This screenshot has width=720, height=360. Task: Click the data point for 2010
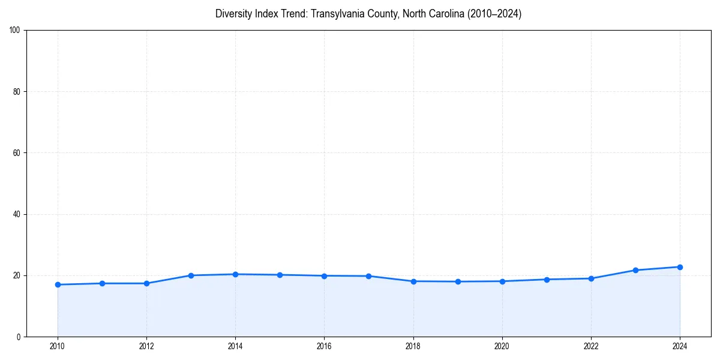coord(58,284)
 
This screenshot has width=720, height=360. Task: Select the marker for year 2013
coord(191,275)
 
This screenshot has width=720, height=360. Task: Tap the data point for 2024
coord(680,267)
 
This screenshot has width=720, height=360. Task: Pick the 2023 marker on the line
coord(635,270)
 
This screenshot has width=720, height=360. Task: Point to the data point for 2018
coord(413,281)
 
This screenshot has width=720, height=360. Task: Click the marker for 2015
coord(280,275)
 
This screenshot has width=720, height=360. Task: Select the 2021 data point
coord(547,280)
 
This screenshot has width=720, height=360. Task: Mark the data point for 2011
coord(102,283)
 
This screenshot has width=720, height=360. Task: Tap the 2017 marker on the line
coord(368,276)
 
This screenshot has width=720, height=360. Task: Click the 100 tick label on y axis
coord(16,30)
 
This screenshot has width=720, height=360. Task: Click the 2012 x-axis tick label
coord(146,346)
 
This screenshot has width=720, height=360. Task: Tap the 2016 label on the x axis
coord(324,346)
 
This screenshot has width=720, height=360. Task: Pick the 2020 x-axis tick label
coord(502,346)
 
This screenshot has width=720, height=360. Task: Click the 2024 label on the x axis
coord(680,346)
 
